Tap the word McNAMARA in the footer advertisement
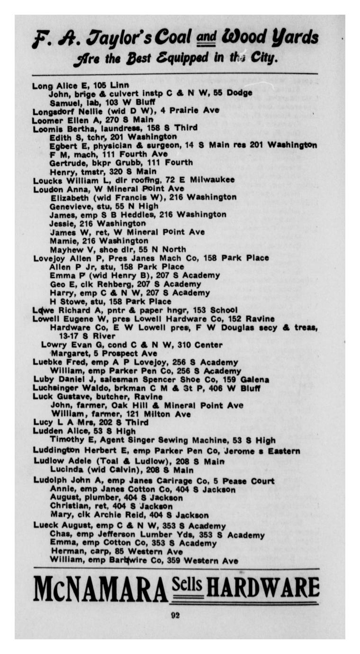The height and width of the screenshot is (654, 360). pyautogui.click(x=100, y=589)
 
